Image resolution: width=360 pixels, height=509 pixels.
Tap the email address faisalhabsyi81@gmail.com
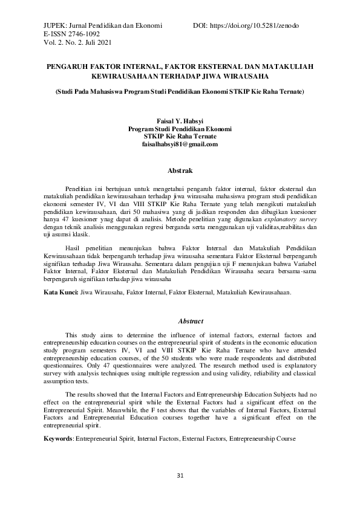click(180, 144)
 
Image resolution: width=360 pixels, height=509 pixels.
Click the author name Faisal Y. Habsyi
click(180, 121)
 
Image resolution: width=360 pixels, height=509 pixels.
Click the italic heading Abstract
click(191, 321)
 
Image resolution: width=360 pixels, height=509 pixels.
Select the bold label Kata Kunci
click(61, 293)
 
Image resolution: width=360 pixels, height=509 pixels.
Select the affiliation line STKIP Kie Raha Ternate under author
click(180, 137)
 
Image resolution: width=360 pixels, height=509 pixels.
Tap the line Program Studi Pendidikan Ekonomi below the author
click(180, 129)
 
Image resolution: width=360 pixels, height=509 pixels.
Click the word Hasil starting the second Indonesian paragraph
click(73, 248)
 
